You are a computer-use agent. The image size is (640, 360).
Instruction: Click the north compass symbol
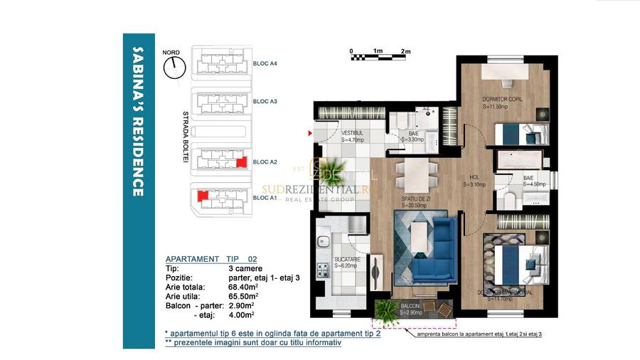pos(173,68)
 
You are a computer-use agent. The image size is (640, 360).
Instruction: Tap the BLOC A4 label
pos(265,63)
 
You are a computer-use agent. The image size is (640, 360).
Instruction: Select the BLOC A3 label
pos(265,102)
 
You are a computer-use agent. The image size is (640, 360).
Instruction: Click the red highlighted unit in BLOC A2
pos(241,162)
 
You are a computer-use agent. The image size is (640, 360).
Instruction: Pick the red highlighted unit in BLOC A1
pos(202,194)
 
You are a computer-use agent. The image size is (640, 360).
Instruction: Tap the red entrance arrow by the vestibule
pos(309,133)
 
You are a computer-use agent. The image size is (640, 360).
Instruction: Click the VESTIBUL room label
pos(353,133)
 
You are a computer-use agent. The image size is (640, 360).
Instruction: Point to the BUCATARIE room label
pos(346,259)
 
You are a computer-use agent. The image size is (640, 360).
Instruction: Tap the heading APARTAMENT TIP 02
pos(206,259)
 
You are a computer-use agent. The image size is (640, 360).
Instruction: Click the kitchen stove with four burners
pos(323,270)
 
